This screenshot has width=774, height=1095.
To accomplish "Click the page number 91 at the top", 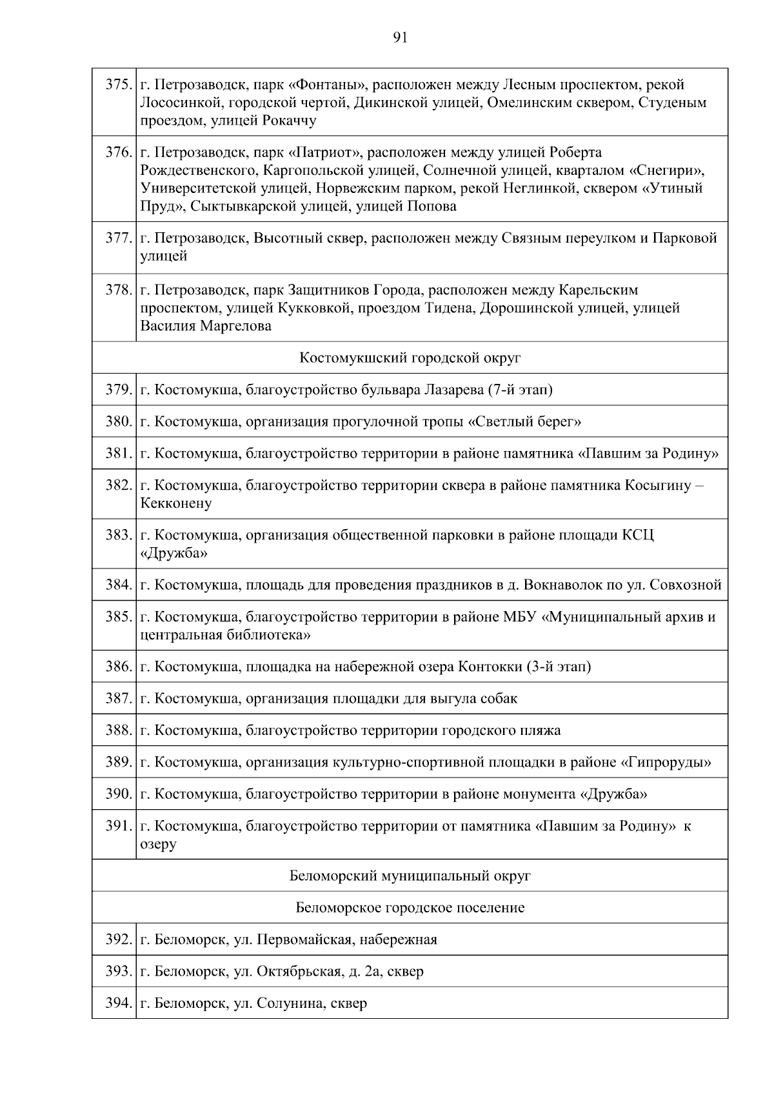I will tap(400, 38).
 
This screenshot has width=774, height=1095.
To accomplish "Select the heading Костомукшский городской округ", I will tap(410, 357).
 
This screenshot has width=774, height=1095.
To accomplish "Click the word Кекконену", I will tap(176, 503).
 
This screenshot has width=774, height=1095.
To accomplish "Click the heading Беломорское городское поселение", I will tap(410, 908).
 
